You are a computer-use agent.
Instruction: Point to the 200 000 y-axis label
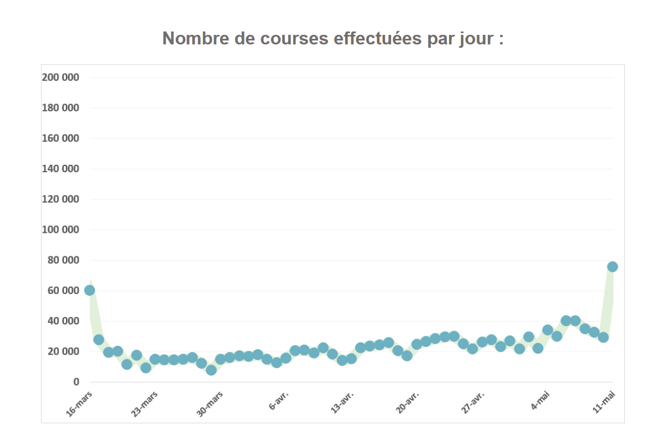[61, 78]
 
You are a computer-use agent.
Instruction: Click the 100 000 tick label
[61, 230]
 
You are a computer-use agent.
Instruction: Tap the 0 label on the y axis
[76, 382]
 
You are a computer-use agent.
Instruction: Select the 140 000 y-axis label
[61, 169]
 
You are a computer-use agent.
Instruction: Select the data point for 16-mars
[89, 290]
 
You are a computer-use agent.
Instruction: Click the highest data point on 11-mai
[613, 266]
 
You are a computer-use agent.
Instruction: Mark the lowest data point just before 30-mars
[211, 370]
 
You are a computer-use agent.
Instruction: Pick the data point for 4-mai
[547, 330]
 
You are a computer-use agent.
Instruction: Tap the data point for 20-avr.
[416, 344]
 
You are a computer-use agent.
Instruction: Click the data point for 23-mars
[155, 359]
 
